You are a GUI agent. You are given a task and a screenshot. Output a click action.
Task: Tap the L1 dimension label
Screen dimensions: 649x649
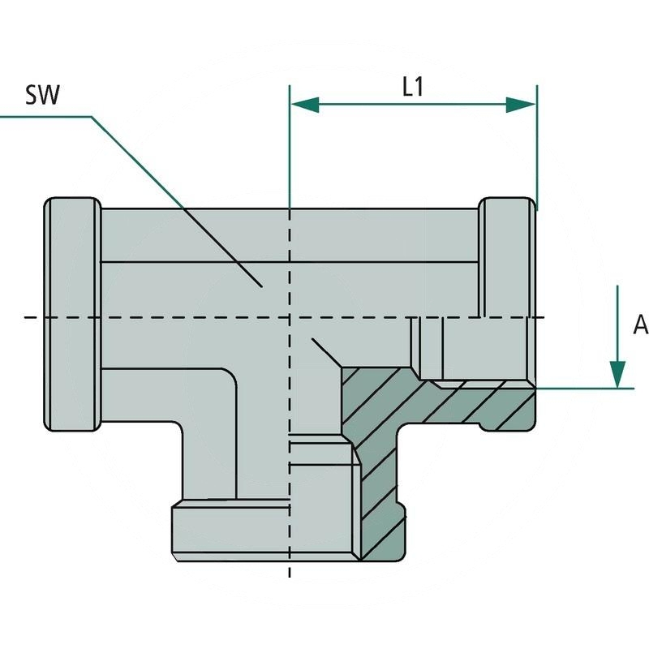pyautogui.click(x=414, y=88)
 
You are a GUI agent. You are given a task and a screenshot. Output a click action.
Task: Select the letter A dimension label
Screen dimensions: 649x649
pyautogui.click(x=640, y=325)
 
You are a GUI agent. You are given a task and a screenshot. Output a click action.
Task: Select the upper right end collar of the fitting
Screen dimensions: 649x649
pyautogui.click(x=506, y=257)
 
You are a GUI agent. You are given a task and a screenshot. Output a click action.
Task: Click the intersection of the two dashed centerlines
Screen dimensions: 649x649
pyautogui.click(x=290, y=316)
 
